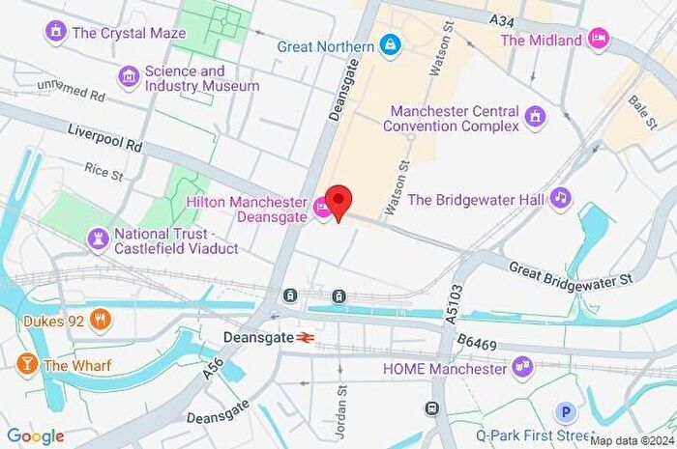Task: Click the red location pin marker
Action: pyautogui.click(x=338, y=201)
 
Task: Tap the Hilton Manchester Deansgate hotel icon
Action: pyautogui.click(x=320, y=208)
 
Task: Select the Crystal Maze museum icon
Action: pyautogui.click(x=56, y=33)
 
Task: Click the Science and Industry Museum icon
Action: pyautogui.click(x=128, y=77)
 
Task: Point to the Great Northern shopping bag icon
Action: pyautogui.click(x=390, y=45)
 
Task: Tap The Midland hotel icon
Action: pyautogui.click(x=600, y=40)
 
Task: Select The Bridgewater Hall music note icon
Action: pyautogui.click(x=560, y=199)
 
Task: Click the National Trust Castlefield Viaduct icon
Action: pyautogui.click(x=98, y=238)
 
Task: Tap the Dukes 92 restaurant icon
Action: pyautogui.click(x=99, y=320)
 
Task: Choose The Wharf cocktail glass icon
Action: pyautogui.click(x=26, y=365)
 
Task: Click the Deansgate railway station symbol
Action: pyautogui.click(x=307, y=338)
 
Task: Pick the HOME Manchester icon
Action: pyautogui.click(x=523, y=368)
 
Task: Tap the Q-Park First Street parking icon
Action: pyautogui.click(x=567, y=412)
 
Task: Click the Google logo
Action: pyautogui.click(x=36, y=435)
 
